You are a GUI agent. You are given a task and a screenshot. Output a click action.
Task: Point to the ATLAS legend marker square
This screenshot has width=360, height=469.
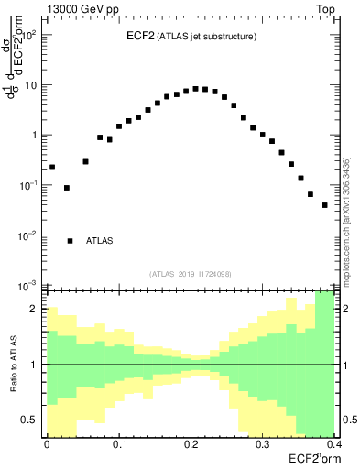click(x=70, y=241)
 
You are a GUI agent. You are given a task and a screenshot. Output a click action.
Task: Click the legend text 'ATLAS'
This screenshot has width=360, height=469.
click(x=100, y=241)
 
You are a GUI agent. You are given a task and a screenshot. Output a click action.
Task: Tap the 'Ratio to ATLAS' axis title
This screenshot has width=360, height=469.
click(x=14, y=364)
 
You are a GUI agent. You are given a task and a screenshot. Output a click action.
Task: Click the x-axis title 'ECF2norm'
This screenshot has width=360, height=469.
click(x=311, y=457)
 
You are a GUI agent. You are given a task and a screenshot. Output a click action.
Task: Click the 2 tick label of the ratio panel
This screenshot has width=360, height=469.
click(x=36, y=309)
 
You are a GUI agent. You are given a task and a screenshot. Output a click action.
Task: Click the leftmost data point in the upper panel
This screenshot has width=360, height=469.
click(x=52, y=167)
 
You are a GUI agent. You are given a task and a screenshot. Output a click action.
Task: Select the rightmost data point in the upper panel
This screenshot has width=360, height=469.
click(x=324, y=205)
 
